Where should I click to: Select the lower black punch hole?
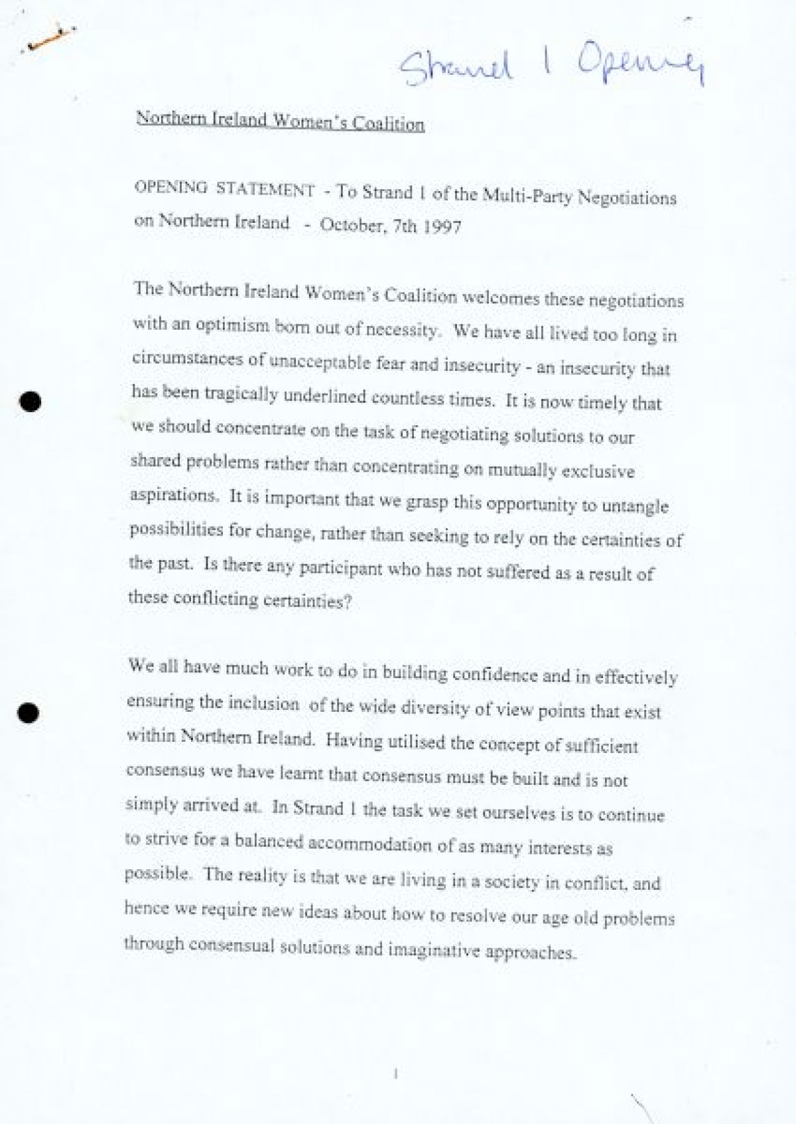click(x=29, y=713)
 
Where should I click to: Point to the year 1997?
click(x=440, y=227)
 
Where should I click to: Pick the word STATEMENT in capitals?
click(x=265, y=190)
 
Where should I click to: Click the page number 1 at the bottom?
click(x=395, y=1073)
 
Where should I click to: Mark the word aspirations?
click(x=172, y=495)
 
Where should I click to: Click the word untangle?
click(x=635, y=506)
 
